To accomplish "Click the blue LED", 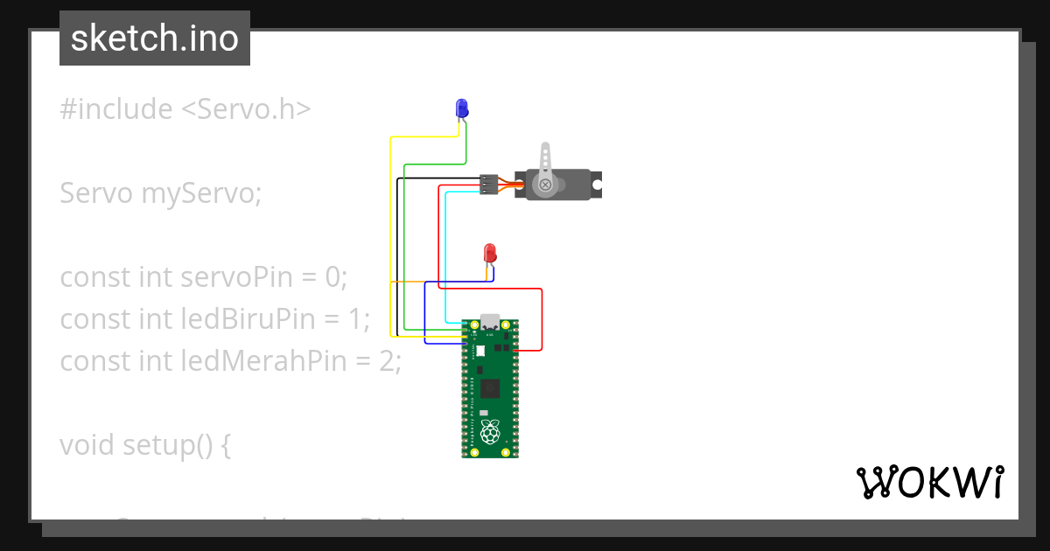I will [x=461, y=108].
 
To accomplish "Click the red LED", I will [x=490, y=254].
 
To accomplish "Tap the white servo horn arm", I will [x=545, y=163].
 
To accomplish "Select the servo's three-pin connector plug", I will [x=488, y=185].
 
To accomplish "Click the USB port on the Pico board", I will [x=490, y=322].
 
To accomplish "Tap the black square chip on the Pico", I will [x=490, y=387].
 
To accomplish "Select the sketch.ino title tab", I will [x=155, y=38].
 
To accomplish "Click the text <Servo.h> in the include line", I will [x=246, y=109].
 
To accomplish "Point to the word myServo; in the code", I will [x=201, y=193].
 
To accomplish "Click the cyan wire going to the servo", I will [x=446, y=254].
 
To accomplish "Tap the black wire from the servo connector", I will [x=397, y=254].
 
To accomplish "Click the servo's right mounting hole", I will [x=597, y=185].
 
